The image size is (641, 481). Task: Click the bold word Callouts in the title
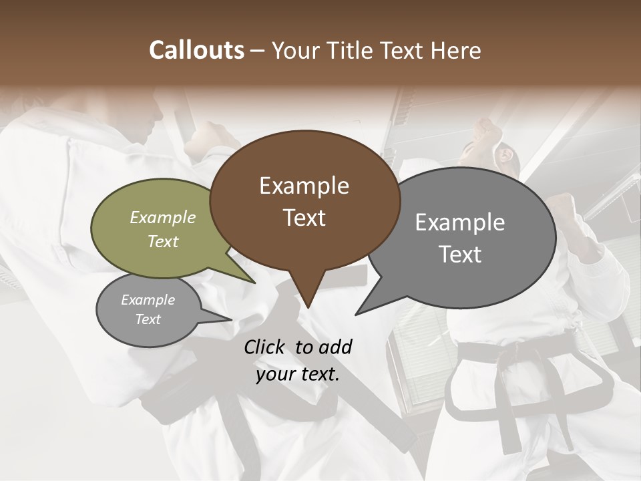pos(196,50)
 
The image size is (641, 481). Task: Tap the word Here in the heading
pos(457,50)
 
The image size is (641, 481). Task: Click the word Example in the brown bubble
pos(304,186)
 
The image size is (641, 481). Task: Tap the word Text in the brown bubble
pos(304,217)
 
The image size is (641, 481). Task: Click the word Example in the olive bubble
pos(162,218)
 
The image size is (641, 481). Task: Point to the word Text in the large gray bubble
pos(460,254)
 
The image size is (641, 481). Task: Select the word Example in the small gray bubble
pos(148,300)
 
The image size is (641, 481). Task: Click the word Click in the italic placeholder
pos(266,347)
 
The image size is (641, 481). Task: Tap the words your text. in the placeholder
pos(298,374)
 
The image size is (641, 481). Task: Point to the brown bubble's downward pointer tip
pos(307,307)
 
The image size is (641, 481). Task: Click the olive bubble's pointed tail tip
pos(254,283)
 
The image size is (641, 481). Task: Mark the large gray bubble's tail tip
pos(357,314)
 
